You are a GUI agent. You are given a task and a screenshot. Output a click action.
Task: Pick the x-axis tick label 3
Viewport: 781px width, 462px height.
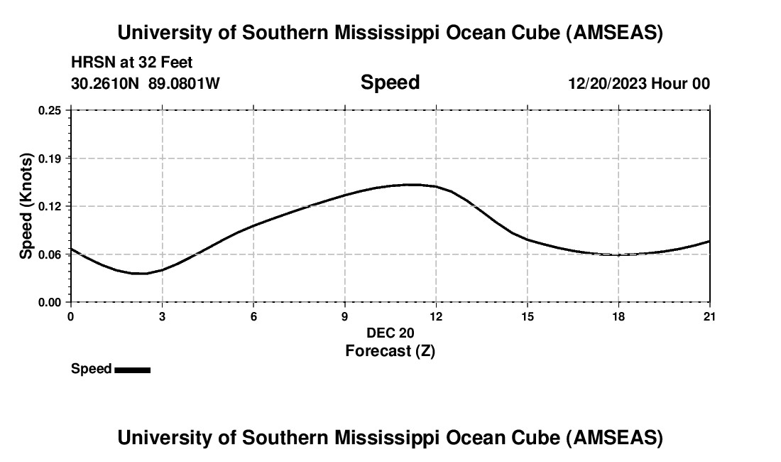[x=162, y=316]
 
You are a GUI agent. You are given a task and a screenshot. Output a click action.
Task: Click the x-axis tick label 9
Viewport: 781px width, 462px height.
[x=345, y=316]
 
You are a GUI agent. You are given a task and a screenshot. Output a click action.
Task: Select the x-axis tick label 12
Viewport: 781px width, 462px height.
[x=436, y=316]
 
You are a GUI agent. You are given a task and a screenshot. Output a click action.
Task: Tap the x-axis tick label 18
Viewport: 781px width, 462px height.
[x=618, y=316]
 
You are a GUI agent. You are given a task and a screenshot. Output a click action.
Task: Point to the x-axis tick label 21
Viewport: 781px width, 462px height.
[x=709, y=316]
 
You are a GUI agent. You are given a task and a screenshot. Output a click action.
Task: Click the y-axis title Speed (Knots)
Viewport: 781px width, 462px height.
[x=26, y=206]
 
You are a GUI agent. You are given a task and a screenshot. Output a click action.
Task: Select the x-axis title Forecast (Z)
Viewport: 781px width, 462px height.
[x=390, y=351]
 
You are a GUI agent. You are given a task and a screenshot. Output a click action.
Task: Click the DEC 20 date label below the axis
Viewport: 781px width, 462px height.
[x=390, y=333]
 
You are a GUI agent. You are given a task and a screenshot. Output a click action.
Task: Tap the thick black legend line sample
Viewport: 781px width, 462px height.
[x=132, y=370]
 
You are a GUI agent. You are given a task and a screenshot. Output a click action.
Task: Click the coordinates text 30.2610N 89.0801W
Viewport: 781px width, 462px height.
[x=146, y=83]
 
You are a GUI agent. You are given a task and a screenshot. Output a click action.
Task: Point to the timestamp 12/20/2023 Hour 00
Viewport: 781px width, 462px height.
[x=638, y=83]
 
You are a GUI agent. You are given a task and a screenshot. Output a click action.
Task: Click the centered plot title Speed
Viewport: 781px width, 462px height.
[x=390, y=82]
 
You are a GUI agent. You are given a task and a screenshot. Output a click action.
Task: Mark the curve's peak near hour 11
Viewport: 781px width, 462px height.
[x=410, y=185]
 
